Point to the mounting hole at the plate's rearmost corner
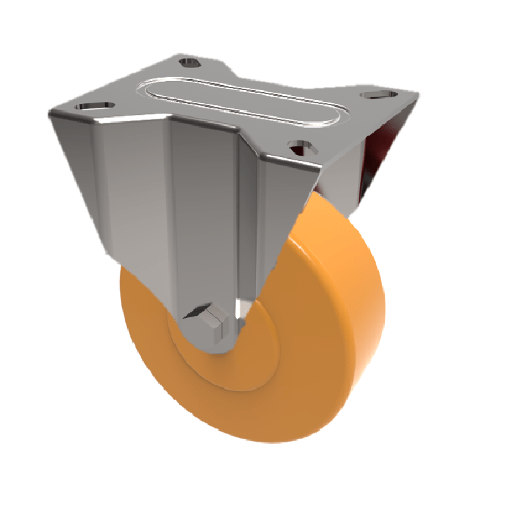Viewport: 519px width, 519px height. coord(189,62)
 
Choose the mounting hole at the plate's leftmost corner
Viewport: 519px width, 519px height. coord(93,105)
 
